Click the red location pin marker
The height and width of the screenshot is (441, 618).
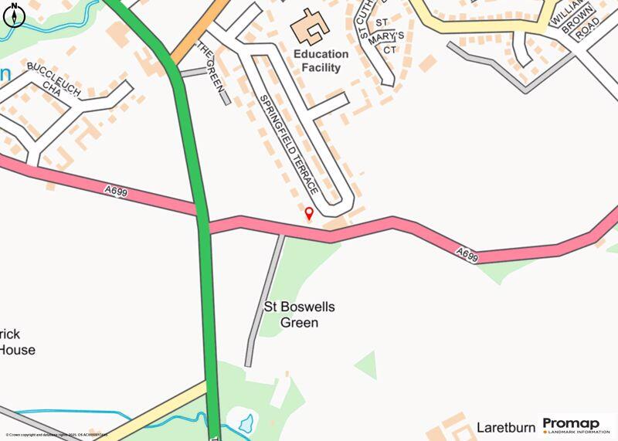point(309,214)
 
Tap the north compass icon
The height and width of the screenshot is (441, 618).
point(13,13)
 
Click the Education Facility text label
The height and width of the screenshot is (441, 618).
point(321,61)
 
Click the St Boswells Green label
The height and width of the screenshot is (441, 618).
point(300,315)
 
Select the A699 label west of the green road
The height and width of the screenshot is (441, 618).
point(114,191)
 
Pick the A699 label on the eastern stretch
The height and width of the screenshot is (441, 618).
point(467,253)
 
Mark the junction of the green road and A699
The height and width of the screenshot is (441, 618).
point(203,221)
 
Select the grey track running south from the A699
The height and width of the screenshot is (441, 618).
point(265,301)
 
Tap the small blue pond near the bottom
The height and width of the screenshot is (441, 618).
point(246,422)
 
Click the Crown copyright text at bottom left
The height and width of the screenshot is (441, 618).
point(54,436)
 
